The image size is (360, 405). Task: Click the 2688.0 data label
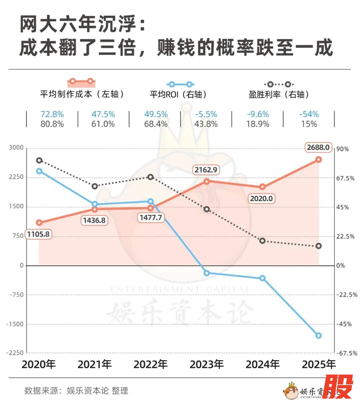click(x=318, y=147)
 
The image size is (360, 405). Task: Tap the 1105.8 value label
click(x=38, y=234)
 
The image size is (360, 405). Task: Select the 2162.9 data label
click(x=206, y=170)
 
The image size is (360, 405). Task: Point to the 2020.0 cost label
click(x=261, y=199)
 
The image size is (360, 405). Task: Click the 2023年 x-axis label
click(x=206, y=364)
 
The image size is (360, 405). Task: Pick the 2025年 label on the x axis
click(x=319, y=364)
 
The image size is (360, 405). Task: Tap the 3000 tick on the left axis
click(x=16, y=148)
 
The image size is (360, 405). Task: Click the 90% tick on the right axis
click(x=342, y=149)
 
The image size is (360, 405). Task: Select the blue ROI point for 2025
click(x=318, y=335)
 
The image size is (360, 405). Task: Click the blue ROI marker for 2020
click(x=39, y=171)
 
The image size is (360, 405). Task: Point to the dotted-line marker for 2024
click(x=262, y=241)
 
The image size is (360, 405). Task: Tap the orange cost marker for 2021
click(x=95, y=209)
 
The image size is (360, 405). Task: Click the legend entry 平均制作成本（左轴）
click(x=82, y=94)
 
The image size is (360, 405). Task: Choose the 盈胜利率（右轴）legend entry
click(x=279, y=94)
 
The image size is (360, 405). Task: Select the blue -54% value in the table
click(x=309, y=114)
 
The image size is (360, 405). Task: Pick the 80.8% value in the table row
click(x=52, y=124)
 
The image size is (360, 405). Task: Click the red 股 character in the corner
click(x=338, y=387)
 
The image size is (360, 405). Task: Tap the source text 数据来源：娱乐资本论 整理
click(x=76, y=390)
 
